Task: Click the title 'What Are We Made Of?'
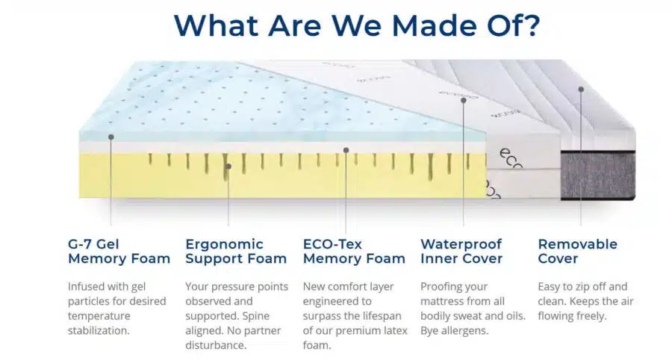pos(357,25)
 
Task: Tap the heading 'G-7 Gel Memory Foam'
pos(119,251)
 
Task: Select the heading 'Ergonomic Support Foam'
pos(236,251)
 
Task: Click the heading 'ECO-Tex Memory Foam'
pos(354,251)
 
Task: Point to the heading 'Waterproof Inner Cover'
pos(461,251)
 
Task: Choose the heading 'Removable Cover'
pos(578,251)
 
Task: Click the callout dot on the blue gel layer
pos(111,137)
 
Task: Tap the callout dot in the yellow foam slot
pos(228,167)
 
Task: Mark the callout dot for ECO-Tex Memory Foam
pos(346,150)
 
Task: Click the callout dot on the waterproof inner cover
pos(463,100)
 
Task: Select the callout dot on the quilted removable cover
pos(581,90)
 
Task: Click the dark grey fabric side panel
pos(598,175)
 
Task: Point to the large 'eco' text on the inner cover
pos(511,158)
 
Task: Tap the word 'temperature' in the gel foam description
pos(99,316)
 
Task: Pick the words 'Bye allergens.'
pos(454,331)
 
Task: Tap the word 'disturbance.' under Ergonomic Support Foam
pos(216,345)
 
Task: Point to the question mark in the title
pos(532,25)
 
